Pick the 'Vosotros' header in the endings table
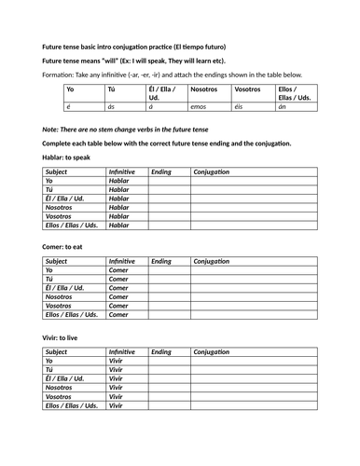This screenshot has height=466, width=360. point(248,90)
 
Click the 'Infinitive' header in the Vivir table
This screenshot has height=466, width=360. point(121,351)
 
